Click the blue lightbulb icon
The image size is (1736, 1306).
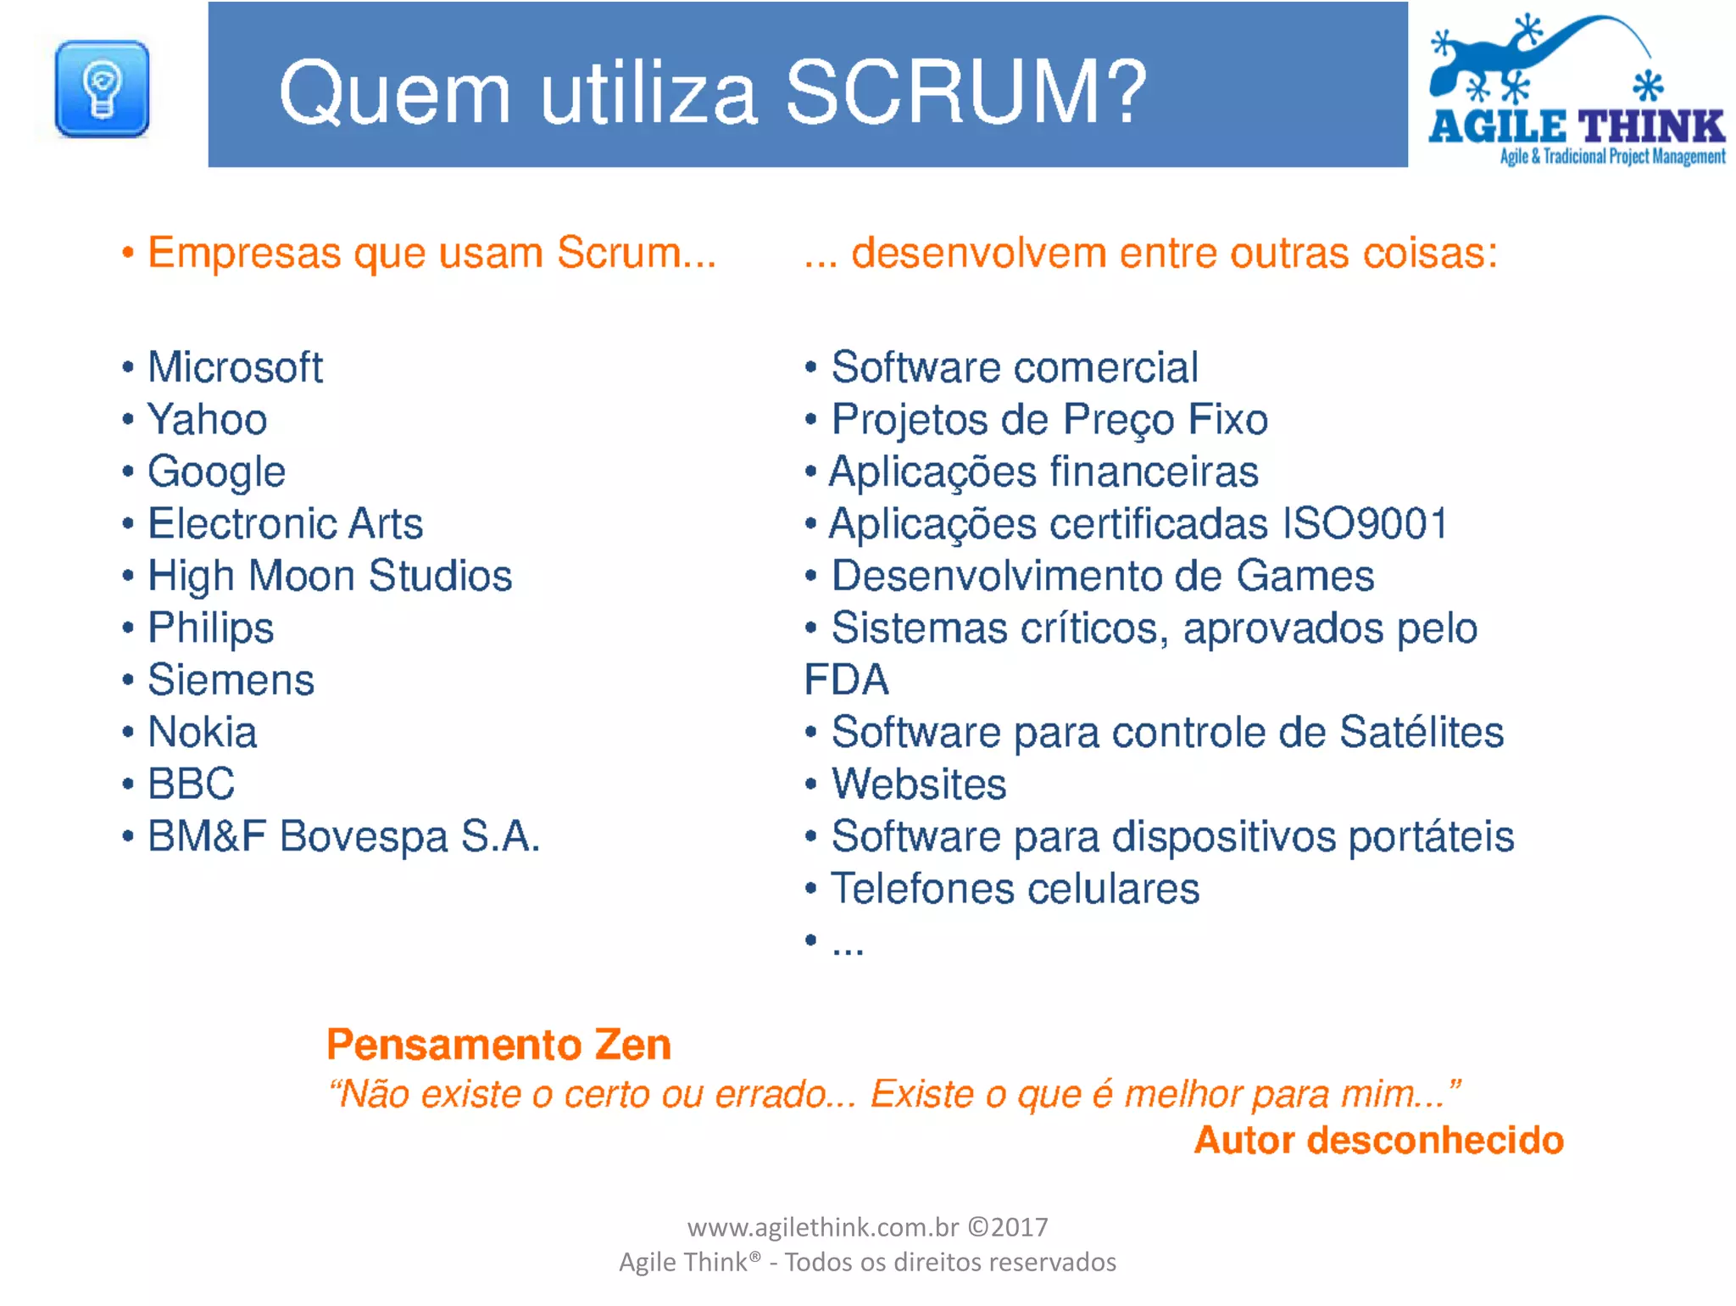[102, 89]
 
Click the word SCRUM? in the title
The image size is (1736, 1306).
[965, 92]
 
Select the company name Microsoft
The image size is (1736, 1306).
[235, 367]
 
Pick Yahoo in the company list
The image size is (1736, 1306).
[208, 420]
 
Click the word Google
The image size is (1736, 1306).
[217, 472]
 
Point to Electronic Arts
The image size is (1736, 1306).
[285, 524]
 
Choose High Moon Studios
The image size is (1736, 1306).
[330, 576]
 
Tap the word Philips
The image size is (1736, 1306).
[211, 628]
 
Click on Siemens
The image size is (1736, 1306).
[231, 680]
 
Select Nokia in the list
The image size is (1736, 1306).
[203, 733]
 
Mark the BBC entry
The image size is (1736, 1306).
[192, 784]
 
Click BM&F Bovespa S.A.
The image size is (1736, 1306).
[343, 837]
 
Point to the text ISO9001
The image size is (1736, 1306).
[1363, 524]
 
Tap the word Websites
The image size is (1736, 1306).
[919, 784]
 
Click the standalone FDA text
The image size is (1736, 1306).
[846, 680]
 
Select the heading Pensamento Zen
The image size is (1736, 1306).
[498, 1045]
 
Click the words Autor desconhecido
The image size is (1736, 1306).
[1378, 1141]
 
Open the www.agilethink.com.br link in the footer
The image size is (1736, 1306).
[823, 1227]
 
